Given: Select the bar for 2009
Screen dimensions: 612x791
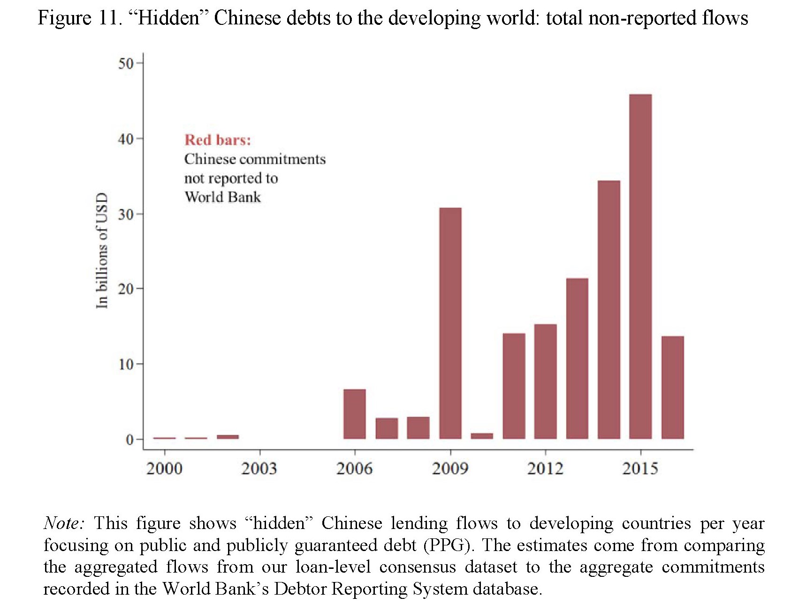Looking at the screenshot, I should pyautogui.click(x=450, y=323).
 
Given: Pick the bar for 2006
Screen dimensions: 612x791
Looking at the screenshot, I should pyautogui.click(x=355, y=414).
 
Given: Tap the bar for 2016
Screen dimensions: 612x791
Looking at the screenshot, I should pyautogui.click(x=673, y=387).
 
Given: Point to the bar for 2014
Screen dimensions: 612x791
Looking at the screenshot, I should pyautogui.click(x=609, y=310).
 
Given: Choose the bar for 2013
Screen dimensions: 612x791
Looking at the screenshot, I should pyautogui.click(x=577, y=358).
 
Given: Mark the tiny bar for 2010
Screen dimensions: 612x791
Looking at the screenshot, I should pyautogui.click(x=482, y=436).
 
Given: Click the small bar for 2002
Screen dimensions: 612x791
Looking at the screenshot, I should pyautogui.click(x=228, y=437).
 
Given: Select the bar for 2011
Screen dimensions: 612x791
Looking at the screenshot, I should pyautogui.click(x=514, y=386).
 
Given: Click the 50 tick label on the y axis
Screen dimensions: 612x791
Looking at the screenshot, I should pyautogui.click(x=126, y=63).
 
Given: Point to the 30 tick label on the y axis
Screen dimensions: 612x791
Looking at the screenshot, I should pyautogui.click(x=126, y=214).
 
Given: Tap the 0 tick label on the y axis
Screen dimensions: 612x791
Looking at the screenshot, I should pyautogui.click(x=130, y=440).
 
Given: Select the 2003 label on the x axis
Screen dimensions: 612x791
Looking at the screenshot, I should pyautogui.click(x=259, y=468).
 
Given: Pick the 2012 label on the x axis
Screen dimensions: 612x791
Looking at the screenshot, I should pyautogui.click(x=545, y=468).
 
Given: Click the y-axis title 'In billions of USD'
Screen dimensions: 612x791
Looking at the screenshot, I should pyautogui.click(x=102, y=250).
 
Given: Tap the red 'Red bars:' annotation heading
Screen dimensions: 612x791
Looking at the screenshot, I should pyautogui.click(x=218, y=140).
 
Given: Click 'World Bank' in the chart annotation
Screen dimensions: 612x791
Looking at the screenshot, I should pyautogui.click(x=222, y=197).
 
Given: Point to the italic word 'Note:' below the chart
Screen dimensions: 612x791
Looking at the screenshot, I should pyautogui.click(x=64, y=523).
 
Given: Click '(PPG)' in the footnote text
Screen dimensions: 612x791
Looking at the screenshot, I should pyautogui.click(x=447, y=545).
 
